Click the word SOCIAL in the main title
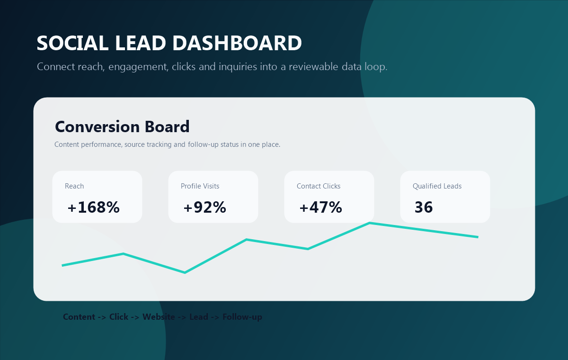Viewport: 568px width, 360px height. [72, 43]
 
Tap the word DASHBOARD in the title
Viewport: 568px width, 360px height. [237, 43]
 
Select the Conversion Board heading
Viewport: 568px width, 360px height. [122, 126]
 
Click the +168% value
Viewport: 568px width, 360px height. [94, 207]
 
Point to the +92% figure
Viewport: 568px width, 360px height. [204, 207]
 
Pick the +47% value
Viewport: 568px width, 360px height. [321, 207]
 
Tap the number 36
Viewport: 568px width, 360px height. [424, 207]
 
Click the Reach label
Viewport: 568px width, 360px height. [74, 186]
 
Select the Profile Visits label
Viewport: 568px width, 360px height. [200, 186]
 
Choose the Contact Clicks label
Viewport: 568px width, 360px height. [319, 186]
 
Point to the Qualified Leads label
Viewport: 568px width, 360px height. [437, 186]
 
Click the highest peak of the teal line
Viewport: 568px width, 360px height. [370, 223]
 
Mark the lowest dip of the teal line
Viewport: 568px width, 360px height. [185, 273]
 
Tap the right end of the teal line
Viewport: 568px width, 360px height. [478, 237]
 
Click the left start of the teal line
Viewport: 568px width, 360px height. [62, 265]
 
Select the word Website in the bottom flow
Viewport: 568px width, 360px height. [159, 317]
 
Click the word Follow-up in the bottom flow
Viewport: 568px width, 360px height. [242, 317]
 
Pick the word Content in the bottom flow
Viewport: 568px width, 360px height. [79, 317]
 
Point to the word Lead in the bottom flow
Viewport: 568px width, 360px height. [199, 317]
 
